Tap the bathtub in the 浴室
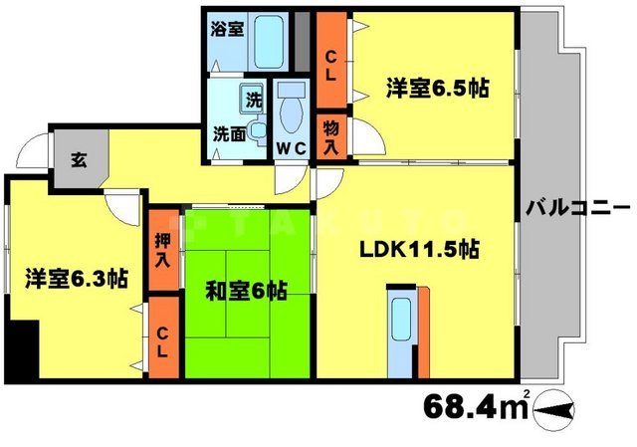tap(269, 40)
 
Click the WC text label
tap(291, 147)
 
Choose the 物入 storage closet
tap(330, 135)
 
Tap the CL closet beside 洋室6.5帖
tap(330, 62)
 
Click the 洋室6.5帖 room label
tap(436, 88)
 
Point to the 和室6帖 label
tap(247, 292)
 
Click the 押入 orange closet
tap(162, 249)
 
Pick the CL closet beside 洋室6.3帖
tap(162, 338)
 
